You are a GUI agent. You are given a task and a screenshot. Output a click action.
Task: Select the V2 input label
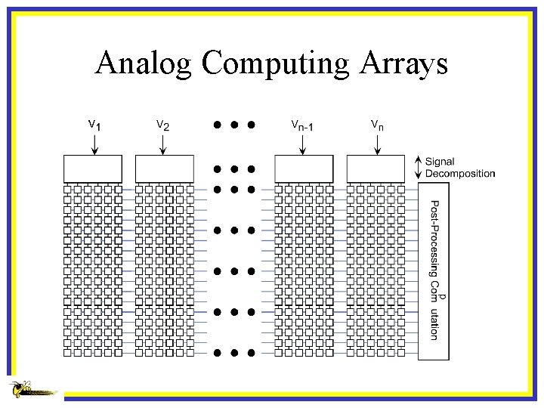click(x=162, y=124)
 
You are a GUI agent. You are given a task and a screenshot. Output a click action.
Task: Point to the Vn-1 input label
click(x=302, y=124)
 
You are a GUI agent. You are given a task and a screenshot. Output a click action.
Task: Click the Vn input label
click(x=376, y=124)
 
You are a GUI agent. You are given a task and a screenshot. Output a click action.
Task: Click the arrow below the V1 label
click(x=94, y=145)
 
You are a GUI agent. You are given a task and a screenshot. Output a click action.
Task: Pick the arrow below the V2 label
click(x=163, y=145)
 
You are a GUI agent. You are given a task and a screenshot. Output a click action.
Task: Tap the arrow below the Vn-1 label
click(x=303, y=145)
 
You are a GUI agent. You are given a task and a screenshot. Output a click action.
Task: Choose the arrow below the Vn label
click(x=376, y=145)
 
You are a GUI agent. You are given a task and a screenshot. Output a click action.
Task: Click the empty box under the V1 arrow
click(x=93, y=168)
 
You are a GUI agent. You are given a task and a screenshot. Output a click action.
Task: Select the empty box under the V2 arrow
click(x=164, y=168)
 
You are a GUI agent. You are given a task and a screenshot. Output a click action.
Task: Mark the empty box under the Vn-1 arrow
click(x=304, y=168)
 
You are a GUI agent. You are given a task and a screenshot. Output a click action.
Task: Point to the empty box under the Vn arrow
click(x=376, y=168)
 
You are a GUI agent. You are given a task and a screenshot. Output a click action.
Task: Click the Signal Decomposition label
click(x=459, y=168)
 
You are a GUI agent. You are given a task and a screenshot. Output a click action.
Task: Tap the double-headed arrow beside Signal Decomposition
click(x=419, y=168)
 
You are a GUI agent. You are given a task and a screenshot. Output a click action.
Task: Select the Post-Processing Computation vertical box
click(x=433, y=270)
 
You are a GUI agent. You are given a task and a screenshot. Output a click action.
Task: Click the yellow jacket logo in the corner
click(x=30, y=390)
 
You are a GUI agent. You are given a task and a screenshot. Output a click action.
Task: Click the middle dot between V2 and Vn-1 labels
click(x=233, y=124)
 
